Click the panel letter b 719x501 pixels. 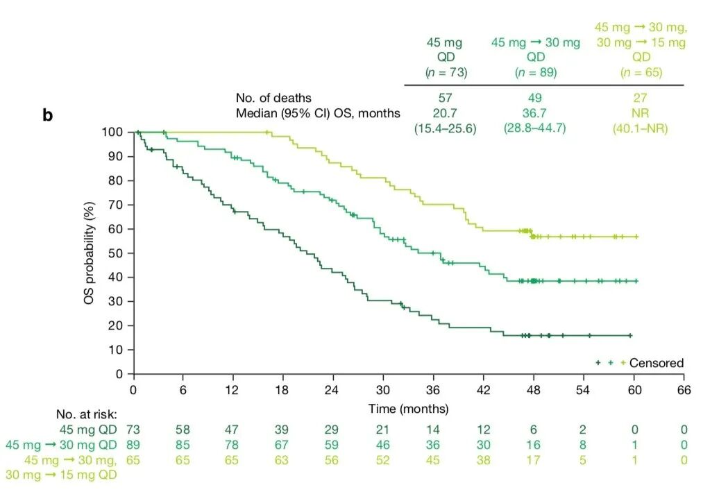[47, 115]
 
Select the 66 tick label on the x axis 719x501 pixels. [684, 389]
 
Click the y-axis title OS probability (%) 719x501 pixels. [89, 253]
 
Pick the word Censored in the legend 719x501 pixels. [657, 363]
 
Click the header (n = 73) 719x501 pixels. [444, 72]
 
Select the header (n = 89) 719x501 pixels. [535, 72]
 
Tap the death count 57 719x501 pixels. [444, 98]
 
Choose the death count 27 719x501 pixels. [640, 98]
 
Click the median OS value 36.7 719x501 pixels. [535, 112]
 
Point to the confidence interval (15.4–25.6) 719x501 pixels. [444, 128]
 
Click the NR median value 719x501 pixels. [640, 112]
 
